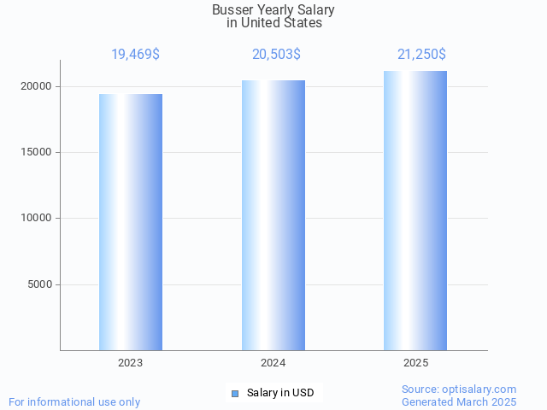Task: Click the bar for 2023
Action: point(131,222)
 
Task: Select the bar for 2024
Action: point(273,215)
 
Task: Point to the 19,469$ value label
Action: point(135,55)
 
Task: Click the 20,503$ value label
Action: point(276,55)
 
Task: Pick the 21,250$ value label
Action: point(421,55)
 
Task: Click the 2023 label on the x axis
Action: point(131,363)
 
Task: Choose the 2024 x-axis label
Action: point(273,363)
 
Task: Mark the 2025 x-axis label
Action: point(416,363)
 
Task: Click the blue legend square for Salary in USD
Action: point(235,393)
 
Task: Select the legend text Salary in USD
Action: point(280,393)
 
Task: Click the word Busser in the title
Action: point(232,10)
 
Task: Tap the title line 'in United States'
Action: point(273,23)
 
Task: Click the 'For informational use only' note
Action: point(74,401)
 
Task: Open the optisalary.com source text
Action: point(459,389)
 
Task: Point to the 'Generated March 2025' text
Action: point(459,401)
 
